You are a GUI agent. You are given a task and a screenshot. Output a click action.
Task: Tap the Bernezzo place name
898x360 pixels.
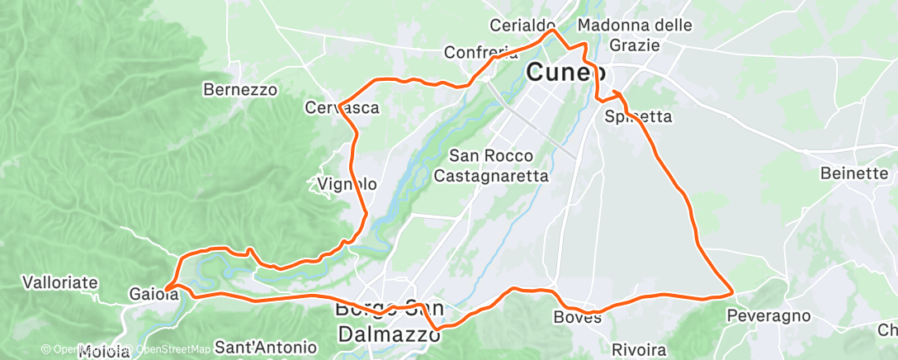click(x=241, y=89)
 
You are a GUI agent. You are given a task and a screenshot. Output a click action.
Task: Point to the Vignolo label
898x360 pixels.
click(x=347, y=184)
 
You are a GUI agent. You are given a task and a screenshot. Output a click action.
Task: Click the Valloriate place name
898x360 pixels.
click(x=60, y=282)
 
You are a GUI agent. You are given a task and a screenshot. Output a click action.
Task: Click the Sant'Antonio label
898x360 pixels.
click(x=265, y=347)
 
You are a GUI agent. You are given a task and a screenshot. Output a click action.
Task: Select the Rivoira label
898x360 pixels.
click(x=640, y=350)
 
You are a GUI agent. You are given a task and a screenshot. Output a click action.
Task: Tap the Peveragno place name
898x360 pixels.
click(x=763, y=315)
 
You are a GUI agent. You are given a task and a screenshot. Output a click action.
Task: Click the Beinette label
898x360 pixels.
click(x=854, y=173)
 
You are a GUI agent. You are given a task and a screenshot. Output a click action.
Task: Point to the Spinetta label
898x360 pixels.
click(x=638, y=116)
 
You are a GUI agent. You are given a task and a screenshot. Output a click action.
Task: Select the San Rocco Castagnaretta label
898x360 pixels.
click(x=491, y=165)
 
